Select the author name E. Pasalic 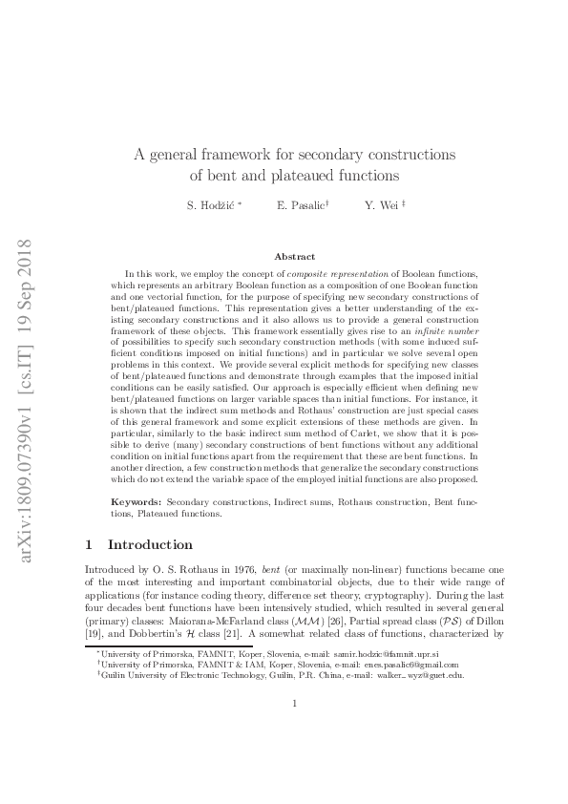pos(300,205)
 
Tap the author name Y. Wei pos(381,205)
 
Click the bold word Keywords pos(138,501)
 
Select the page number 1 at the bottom pos(295,757)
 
